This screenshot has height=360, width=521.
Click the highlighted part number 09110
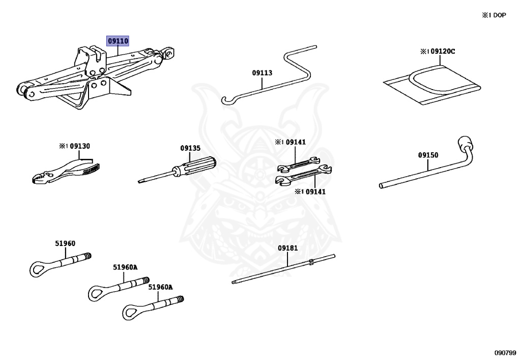coord(118,41)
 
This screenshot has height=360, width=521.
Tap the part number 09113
coord(262,73)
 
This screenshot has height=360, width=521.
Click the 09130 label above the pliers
coord(80,146)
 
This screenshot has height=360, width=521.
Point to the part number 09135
coord(190,148)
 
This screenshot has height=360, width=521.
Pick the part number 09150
coord(428,155)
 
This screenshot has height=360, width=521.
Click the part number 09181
coord(287,248)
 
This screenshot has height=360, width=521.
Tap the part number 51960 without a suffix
coord(65,243)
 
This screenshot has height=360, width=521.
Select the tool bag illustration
coord(432,84)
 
